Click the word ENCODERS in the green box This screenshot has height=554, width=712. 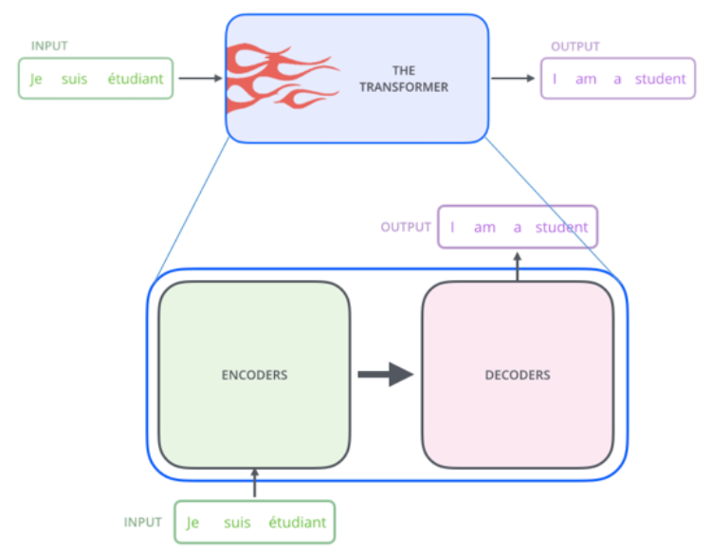pyautogui.click(x=254, y=375)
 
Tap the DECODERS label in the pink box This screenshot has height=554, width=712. pyautogui.click(x=518, y=375)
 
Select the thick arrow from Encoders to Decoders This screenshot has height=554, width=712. pyautogui.click(x=386, y=375)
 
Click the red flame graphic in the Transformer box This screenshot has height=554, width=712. pyautogui.click(x=283, y=77)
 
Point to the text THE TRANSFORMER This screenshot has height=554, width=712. pyautogui.click(x=404, y=79)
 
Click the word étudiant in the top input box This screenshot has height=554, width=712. pyautogui.click(x=136, y=79)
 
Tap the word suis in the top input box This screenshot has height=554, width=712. pyautogui.click(x=74, y=79)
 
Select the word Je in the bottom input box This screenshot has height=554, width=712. pyautogui.click(x=192, y=523)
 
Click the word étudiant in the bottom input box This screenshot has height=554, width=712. pyautogui.click(x=298, y=522)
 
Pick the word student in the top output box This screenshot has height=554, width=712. pyautogui.click(x=660, y=79)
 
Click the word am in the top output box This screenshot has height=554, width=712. pyautogui.click(x=586, y=80)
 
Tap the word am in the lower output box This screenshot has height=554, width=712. pyautogui.click(x=484, y=228)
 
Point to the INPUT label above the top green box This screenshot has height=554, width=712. pyautogui.click(x=49, y=46)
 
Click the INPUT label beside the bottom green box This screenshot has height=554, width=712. pyautogui.click(x=142, y=522)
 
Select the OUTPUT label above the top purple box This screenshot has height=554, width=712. pyautogui.click(x=575, y=46)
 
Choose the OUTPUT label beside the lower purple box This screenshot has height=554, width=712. pyautogui.click(x=406, y=227)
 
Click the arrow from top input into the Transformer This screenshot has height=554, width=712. pyautogui.click(x=200, y=78)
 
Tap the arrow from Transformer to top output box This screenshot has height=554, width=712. pyautogui.click(x=513, y=78)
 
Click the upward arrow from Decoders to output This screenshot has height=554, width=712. pyautogui.click(x=518, y=267)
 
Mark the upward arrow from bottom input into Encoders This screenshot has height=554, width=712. pyautogui.click(x=254, y=483)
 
